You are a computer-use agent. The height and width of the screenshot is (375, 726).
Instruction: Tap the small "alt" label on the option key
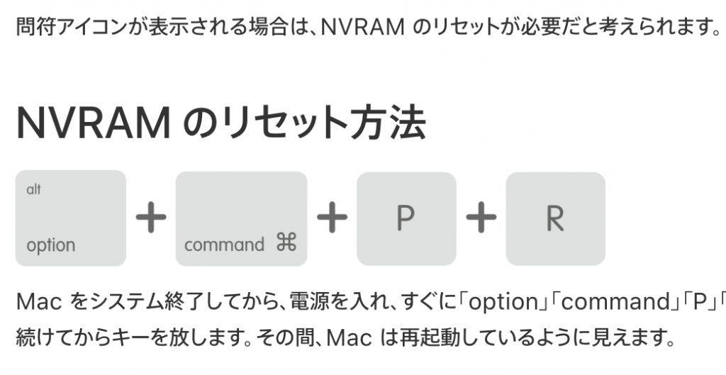click(x=33, y=189)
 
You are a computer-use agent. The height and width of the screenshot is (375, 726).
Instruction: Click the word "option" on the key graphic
click(x=50, y=245)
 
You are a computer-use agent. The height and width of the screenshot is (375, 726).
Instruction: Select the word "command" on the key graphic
click(x=224, y=245)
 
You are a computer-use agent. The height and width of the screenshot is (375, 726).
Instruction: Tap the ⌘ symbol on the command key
click(x=285, y=245)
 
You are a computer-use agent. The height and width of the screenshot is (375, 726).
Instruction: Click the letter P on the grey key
click(x=406, y=219)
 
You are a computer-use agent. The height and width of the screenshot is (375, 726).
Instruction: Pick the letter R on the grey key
click(x=555, y=219)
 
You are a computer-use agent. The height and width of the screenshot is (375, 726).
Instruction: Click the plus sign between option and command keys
click(x=150, y=219)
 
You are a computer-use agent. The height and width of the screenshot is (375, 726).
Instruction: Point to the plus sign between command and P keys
click(x=332, y=219)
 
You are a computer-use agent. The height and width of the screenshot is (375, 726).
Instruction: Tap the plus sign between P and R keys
click(x=481, y=219)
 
